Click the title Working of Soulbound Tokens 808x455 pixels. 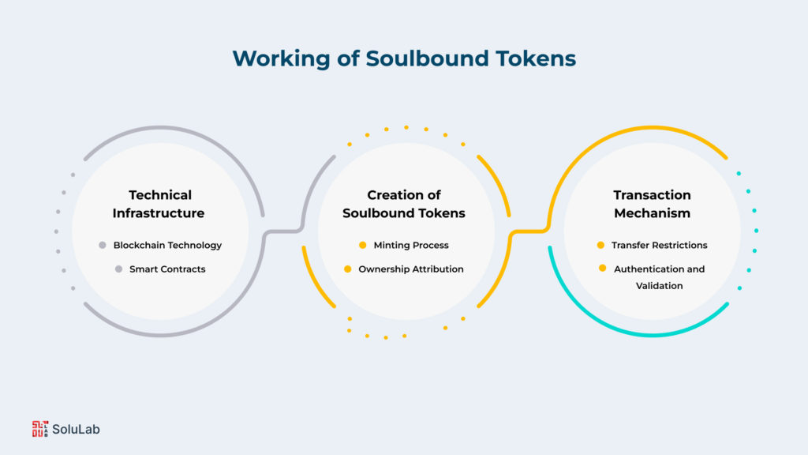click(403, 58)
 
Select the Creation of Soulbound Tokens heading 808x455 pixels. click(404, 204)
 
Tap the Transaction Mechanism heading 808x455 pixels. click(652, 204)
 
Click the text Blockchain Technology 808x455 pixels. click(167, 245)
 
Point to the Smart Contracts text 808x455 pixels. click(167, 269)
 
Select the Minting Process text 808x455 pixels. click(411, 245)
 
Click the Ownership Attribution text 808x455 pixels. click(411, 269)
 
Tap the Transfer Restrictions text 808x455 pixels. click(659, 245)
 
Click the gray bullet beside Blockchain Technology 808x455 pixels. click(103, 245)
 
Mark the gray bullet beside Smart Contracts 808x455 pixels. click(118, 269)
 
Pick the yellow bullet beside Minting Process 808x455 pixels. click(363, 245)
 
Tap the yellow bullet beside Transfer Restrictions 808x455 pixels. click(601, 245)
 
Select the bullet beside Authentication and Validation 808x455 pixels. click(602, 269)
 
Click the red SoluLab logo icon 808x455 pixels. click(40, 429)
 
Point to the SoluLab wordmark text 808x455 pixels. click(77, 430)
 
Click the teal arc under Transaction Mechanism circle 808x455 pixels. click(652, 335)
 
